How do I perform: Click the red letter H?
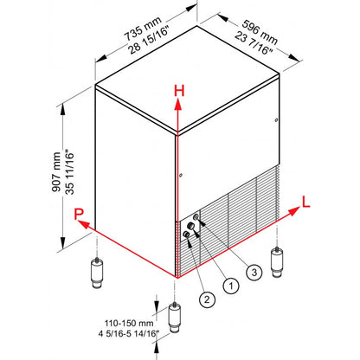click(x=179, y=91)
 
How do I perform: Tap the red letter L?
click(x=305, y=202)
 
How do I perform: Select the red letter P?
click(x=79, y=214)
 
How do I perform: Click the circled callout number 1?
click(x=231, y=286)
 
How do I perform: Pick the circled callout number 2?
click(x=207, y=299)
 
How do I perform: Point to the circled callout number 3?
click(x=254, y=272)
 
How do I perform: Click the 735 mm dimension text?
click(x=143, y=29)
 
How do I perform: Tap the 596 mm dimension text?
click(x=260, y=32)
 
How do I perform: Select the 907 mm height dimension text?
click(x=56, y=172)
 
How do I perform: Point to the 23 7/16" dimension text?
click(x=254, y=43)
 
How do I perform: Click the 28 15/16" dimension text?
click(x=148, y=40)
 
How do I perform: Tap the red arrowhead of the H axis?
click(x=178, y=105)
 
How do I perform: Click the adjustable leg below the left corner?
click(x=97, y=273)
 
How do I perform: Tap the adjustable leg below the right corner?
click(x=277, y=261)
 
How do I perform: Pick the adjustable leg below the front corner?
click(x=174, y=317)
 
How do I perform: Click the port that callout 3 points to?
click(x=196, y=216)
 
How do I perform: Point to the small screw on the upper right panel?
click(x=276, y=120)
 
